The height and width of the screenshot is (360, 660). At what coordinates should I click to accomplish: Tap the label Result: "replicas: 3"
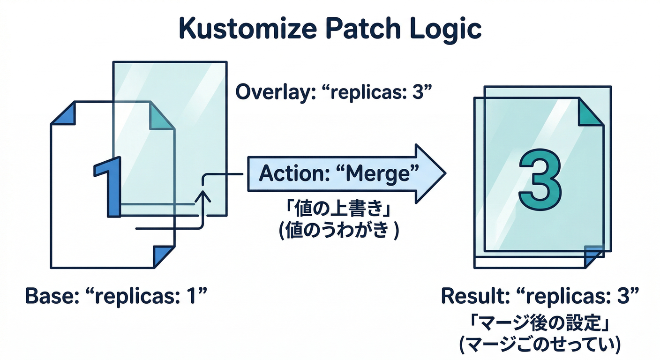click(x=540, y=296)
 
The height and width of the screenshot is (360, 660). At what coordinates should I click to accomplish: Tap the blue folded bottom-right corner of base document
click(x=164, y=255)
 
